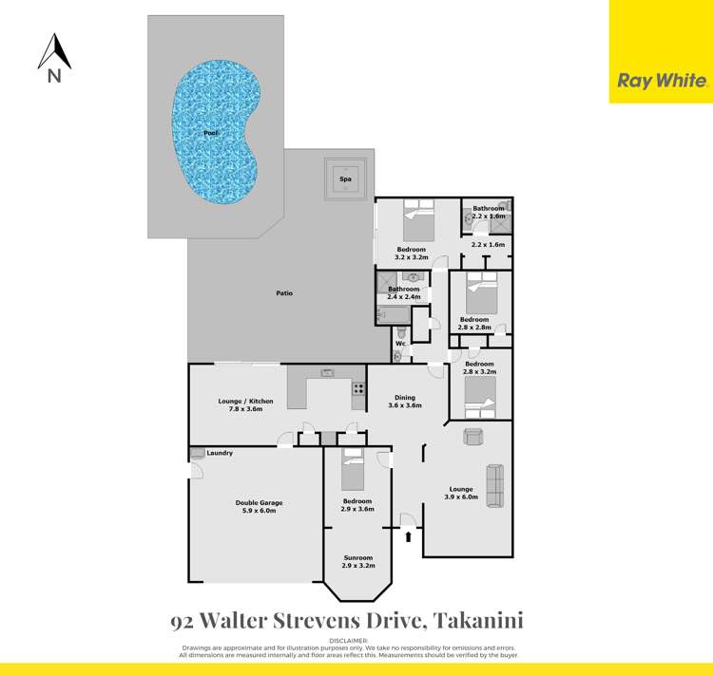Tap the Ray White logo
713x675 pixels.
click(661, 81)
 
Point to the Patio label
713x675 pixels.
click(284, 293)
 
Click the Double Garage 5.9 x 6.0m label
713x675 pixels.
click(259, 507)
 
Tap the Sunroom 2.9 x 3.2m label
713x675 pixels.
click(357, 562)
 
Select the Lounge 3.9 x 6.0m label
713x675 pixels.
click(462, 493)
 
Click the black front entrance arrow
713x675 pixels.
click(409, 537)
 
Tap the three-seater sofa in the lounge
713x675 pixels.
click(495, 485)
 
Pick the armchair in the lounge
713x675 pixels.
click(472, 435)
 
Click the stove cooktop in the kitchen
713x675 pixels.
click(359, 388)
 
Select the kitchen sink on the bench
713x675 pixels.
click(327, 372)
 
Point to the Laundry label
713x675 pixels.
click(220, 454)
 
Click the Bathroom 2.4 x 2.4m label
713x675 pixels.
click(403, 292)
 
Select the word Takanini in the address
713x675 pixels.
click(480, 621)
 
